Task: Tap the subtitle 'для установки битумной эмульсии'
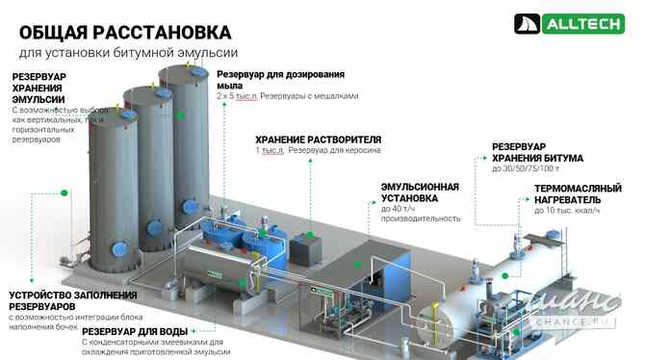coord(128,54)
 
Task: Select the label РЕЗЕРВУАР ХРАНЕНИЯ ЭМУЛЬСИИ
coord(39,88)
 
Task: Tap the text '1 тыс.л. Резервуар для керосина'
coord(318,151)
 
